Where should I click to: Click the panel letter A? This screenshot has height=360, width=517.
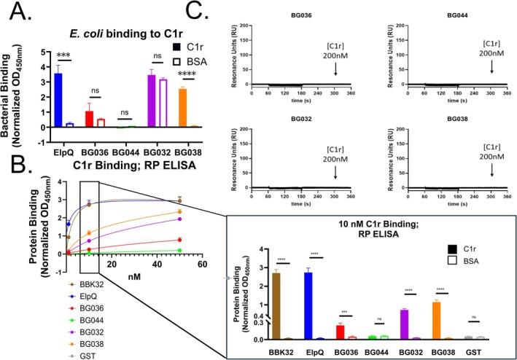click(x=14, y=14)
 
